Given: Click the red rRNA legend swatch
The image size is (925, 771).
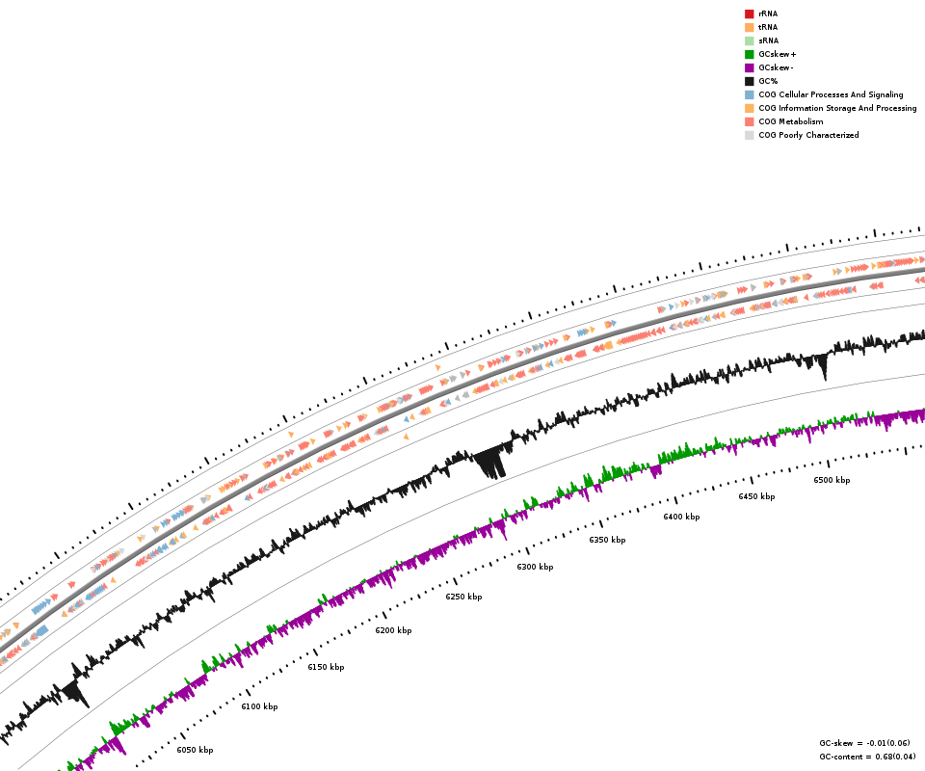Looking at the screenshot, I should pyautogui.click(x=749, y=13).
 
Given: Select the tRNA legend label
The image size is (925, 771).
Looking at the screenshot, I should pyautogui.click(x=768, y=27).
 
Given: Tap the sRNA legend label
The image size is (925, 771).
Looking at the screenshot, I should pyautogui.click(x=768, y=40).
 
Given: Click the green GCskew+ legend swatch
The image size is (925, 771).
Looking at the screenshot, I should pyautogui.click(x=749, y=54).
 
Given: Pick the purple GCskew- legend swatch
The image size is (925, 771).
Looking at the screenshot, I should pyautogui.click(x=749, y=67).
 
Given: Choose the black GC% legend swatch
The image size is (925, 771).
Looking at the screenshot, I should pyautogui.click(x=749, y=81).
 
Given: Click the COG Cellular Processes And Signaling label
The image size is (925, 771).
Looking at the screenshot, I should pyautogui.click(x=831, y=94).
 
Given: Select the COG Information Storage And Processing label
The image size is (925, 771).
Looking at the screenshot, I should pyautogui.click(x=837, y=108).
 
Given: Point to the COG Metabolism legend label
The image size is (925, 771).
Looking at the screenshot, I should pyautogui.click(x=790, y=121).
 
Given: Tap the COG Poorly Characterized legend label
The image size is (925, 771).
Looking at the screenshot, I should pyautogui.click(x=808, y=135).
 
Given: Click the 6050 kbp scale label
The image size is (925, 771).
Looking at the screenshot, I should pyautogui.click(x=195, y=750).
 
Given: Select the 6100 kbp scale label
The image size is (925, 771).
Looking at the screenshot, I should pyautogui.click(x=259, y=706).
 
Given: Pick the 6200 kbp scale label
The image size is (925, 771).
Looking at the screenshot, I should pyautogui.click(x=393, y=630).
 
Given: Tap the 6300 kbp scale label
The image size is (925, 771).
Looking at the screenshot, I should pyautogui.click(x=535, y=567).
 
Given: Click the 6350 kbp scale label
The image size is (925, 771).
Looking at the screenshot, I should pyautogui.click(x=607, y=540).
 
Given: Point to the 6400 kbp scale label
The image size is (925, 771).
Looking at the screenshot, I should pyautogui.click(x=681, y=517).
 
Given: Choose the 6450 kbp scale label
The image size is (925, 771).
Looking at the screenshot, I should pyautogui.click(x=756, y=496).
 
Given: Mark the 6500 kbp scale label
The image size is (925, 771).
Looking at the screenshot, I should pyautogui.click(x=832, y=480).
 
